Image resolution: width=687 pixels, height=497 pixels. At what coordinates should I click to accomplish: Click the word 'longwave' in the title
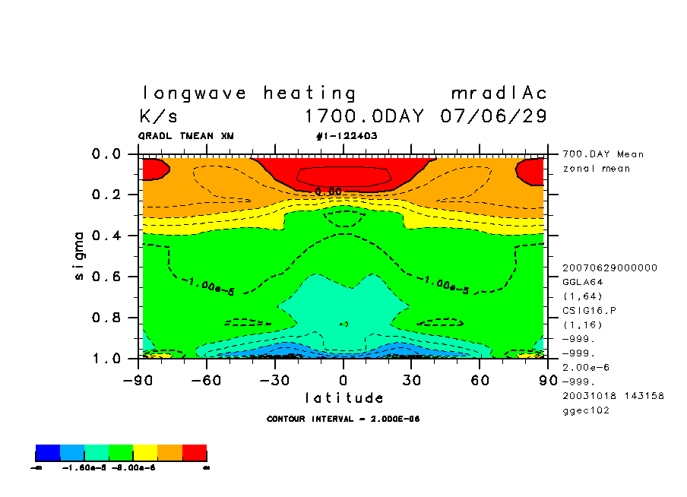(194, 93)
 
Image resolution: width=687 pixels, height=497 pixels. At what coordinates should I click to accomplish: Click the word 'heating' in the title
(309, 93)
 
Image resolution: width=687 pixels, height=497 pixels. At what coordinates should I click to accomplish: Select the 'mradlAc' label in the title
(499, 93)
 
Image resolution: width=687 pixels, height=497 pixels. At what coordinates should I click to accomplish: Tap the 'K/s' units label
(159, 117)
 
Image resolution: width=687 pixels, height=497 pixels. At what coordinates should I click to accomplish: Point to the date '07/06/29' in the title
(493, 117)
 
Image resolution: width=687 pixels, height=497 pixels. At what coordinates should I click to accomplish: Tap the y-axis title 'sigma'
(80, 255)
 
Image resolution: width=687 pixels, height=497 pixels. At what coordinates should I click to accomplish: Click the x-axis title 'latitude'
(344, 397)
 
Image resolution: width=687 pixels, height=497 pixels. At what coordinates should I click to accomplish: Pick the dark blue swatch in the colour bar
(48, 454)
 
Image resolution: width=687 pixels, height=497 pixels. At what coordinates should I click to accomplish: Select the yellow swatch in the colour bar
(145, 454)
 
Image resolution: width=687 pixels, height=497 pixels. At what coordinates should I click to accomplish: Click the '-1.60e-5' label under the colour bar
(83, 468)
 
